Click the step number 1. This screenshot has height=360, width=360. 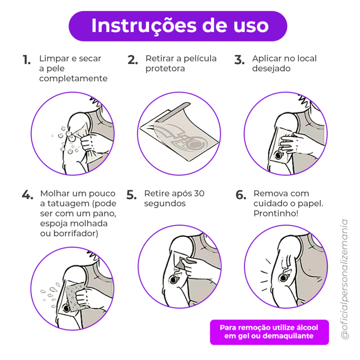27,60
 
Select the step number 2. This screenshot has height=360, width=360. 133,60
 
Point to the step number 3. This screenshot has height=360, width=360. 239,60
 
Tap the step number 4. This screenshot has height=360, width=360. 27,195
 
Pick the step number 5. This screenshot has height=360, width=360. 131,195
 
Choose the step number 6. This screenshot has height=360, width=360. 241,195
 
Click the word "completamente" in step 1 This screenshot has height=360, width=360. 73,79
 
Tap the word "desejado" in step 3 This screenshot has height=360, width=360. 271,69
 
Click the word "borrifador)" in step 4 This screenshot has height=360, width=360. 76,233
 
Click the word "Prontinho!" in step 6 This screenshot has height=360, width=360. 276,213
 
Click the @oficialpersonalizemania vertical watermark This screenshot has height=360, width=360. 345,279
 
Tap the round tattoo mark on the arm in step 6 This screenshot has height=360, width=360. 283,278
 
